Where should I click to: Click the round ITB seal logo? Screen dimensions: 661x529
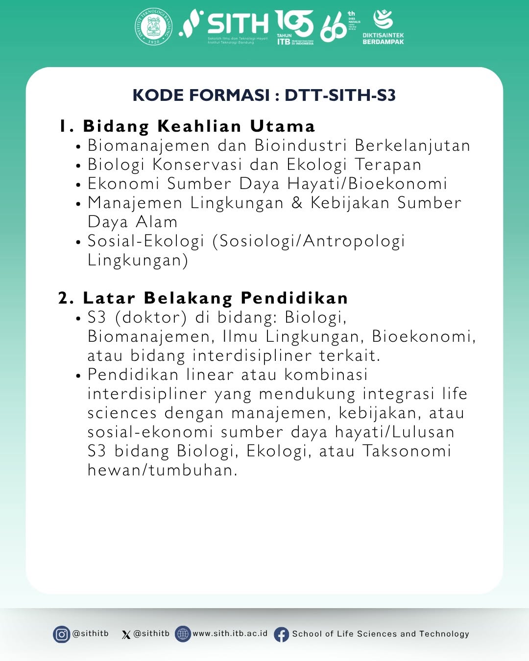(x=154, y=26)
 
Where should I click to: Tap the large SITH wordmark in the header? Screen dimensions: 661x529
(x=238, y=24)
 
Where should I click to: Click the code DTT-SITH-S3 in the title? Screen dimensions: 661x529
(x=340, y=95)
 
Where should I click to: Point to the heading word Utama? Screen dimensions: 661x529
(x=282, y=126)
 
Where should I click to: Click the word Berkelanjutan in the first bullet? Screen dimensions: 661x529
(x=412, y=146)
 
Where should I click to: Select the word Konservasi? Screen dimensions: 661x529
(x=197, y=165)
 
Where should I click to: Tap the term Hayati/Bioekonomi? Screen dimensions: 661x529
(x=367, y=184)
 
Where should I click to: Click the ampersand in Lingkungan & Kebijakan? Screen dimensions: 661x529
(x=297, y=203)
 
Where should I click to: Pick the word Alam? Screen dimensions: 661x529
(x=157, y=222)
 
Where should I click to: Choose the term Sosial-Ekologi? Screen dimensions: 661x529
(x=145, y=241)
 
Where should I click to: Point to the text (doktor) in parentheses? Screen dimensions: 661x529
(x=151, y=318)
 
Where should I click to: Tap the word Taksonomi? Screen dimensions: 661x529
(x=407, y=451)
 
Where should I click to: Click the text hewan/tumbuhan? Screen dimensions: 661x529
(x=162, y=471)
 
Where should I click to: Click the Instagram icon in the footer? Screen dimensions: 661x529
(x=61, y=635)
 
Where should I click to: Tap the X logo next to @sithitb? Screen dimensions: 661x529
(x=126, y=635)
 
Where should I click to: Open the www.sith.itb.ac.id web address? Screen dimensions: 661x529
(x=230, y=634)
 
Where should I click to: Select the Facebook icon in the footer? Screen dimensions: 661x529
(x=282, y=635)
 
